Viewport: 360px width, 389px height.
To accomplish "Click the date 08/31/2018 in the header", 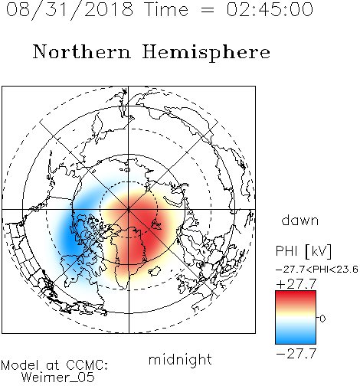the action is [70, 10].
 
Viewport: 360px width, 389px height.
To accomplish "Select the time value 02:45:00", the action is [270, 9].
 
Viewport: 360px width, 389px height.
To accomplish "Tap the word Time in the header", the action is [166, 9].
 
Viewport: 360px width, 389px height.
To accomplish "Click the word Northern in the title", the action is [82, 52].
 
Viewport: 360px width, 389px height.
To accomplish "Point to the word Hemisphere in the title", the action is [206, 53].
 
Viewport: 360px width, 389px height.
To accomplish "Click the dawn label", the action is [299, 220].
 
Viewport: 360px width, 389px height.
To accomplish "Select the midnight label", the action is [180, 359].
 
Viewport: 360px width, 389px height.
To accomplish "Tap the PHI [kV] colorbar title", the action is [303, 251].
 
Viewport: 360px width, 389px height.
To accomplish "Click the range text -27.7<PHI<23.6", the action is [317, 270].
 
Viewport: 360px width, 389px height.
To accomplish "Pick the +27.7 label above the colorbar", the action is [296, 284].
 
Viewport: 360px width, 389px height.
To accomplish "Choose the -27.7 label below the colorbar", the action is [296, 354].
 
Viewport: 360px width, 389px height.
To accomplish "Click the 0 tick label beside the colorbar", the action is [322, 319].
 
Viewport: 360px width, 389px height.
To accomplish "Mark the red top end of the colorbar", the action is [296, 293].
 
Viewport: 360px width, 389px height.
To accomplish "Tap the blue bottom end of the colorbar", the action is [296, 342].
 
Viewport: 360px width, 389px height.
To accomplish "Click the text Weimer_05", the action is [58, 378].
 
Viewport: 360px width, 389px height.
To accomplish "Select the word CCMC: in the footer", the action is [87, 365].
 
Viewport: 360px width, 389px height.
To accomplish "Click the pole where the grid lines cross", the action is [129, 210].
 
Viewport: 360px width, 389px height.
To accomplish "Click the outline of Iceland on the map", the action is [155, 271].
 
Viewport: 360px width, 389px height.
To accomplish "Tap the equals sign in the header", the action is [207, 10].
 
